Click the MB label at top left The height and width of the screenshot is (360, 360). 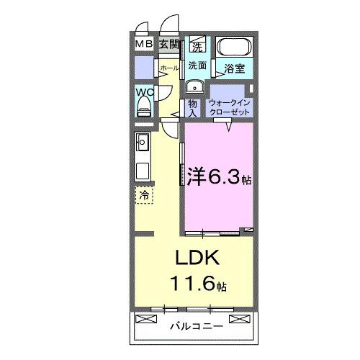click(x=145, y=45)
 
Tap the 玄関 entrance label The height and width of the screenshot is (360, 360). click(x=168, y=45)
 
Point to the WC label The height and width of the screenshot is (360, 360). click(x=144, y=93)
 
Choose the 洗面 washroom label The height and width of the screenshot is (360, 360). click(x=198, y=66)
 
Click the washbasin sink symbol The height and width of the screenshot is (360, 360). click(x=195, y=87)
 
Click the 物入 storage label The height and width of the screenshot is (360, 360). click(x=192, y=107)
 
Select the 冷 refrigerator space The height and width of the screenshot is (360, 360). click(x=144, y=194)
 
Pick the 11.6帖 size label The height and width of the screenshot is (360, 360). click(x=194, y=284)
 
